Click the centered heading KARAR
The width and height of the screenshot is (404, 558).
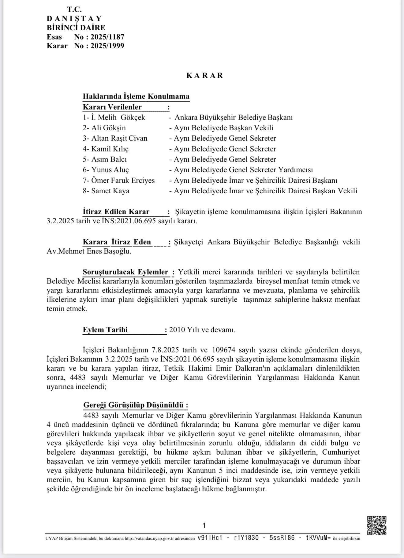pyautogui.click(x=205, y=76)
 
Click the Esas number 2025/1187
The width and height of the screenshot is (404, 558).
pyautogui.click(x=107, y=37)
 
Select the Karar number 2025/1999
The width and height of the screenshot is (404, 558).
pyautogui.click(x=107, y=46)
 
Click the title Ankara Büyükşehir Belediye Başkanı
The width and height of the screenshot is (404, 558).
pyautogui.click(x=234, y=117)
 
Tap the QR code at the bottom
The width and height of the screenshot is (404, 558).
pyautogui.click(x=376, y=525)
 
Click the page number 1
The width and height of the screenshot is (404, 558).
pyautogui.click(x=204, y=526)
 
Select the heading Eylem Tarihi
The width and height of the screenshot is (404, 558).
pyautogui.click(x=105, y=330)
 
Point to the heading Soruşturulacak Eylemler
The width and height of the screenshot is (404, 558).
pyautogui.click(x=125, y=272)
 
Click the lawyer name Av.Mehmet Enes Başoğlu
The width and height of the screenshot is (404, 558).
pyautogui.click(x=89, y=251)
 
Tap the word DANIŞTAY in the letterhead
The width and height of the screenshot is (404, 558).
pyautogui.click(x=74, y=19)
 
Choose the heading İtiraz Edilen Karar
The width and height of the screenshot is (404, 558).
pyautogui.click(x=116, y=212)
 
